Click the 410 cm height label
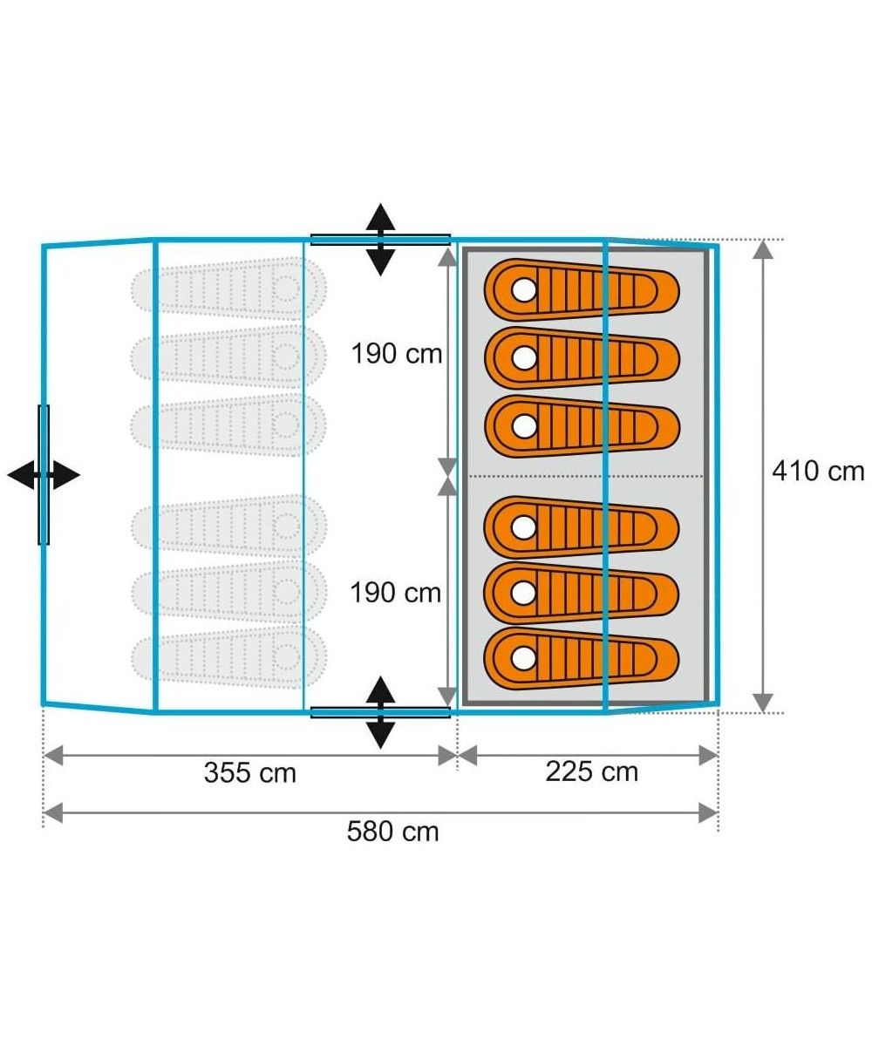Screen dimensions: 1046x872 click(x=817, y=472)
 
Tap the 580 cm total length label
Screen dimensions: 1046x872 click(x=392, y=832)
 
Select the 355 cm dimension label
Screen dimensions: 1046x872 click(x=249, y=772)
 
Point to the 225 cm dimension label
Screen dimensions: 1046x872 click(x=591, y=771)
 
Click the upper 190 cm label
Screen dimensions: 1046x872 click(x=396, y=355)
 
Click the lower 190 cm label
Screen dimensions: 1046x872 click(x=396, y=593)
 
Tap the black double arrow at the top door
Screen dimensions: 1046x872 click(x=380, y=240)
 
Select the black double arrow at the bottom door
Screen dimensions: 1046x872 click(x=380, y=712)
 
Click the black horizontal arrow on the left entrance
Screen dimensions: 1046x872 click(x=44, y=475)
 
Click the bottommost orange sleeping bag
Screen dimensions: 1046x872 click(x=582, y=657)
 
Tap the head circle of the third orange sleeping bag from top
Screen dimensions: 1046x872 click(x=523, y=426)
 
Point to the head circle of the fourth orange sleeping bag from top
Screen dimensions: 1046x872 click(x=523, y=526)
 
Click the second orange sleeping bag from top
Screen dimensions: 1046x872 click(x=582, y=357)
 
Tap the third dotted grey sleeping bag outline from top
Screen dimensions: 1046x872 click(x=228, y=425)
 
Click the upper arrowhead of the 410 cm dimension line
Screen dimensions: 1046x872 click(x=763, y=250)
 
